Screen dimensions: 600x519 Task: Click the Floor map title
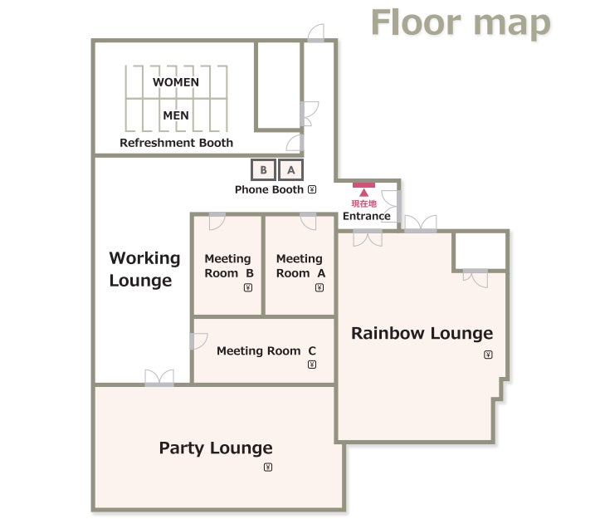click(x=461, y=22)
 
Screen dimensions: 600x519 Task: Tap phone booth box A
click(x=290, y=169)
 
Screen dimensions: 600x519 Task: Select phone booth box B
click(x=263, y=169)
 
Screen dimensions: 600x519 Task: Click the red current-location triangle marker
click(x=364, y=193)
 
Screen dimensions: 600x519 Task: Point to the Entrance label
click(x=367, y=216)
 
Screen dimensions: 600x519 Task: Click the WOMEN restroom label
click(x=176, y=82)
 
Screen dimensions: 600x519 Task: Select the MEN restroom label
click(x=176, y=115)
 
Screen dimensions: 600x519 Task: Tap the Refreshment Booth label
click(x=177, y=143)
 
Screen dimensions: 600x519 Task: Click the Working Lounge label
click(x=144, y=269)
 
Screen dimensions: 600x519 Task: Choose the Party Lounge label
click(x=216, y=448)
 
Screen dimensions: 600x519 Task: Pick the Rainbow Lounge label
click(x=422, y=333)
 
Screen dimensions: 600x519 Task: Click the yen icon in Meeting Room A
click(x=320, y=287)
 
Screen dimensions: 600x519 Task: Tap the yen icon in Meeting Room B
click(x=248, y=287)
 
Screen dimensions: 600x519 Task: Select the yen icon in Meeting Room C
click(x=312, y=365)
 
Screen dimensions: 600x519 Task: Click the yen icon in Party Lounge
click(x=268, y=468)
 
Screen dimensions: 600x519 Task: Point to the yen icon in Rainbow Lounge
click(x=488, y=355)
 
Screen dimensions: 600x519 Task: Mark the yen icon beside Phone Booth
click(x=312, y=189)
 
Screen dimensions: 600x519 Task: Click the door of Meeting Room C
click(x=198, y=341)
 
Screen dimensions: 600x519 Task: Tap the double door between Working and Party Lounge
click(x=159, y=378)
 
